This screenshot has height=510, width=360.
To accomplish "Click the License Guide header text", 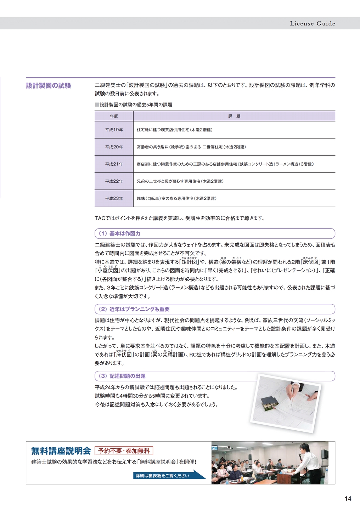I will tap(312, 23).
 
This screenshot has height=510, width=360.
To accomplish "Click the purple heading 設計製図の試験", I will tap(49, 86).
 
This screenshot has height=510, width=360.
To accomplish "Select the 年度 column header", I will tap(114, 116).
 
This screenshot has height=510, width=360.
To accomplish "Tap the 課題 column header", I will tap(234, 116).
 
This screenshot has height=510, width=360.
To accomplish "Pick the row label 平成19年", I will tap(114, 130).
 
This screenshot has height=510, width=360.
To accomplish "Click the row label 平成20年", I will tap(114, 147).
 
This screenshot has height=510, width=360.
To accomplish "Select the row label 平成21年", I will tap(114, 164).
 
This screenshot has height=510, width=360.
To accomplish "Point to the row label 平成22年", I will tap(114, 181).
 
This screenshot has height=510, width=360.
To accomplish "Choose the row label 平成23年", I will tap(114, 199).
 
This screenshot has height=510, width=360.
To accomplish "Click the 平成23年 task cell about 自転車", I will tap(176, 199).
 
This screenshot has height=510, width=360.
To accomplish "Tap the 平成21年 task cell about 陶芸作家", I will tap(225, 164).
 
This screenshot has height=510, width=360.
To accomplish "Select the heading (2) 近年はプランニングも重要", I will tap(134, 309).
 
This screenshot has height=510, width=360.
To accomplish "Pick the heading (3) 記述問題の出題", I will tap(122, 376).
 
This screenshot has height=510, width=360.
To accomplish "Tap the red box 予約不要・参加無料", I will tap(124, 451).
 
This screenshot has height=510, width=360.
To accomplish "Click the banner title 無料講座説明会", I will tap(61, 451).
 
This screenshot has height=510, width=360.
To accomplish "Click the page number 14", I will tap(348, 499).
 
